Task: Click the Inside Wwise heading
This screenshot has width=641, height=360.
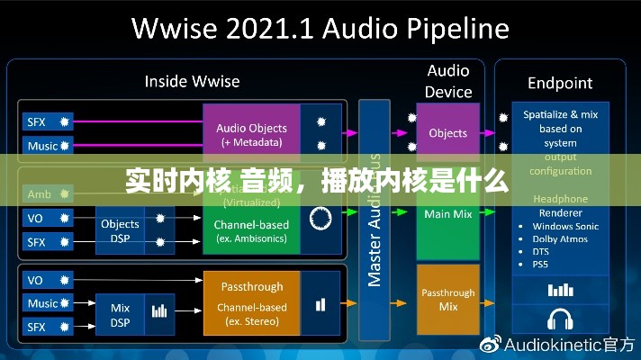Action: [192, 81]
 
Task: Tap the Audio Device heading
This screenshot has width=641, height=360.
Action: [448, 81]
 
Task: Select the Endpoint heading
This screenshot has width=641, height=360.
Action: [560, 83]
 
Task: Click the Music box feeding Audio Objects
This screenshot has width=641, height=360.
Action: [44, 146]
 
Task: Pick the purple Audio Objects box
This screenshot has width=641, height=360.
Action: [251, 134]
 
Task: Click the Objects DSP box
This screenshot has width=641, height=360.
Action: [120, 230]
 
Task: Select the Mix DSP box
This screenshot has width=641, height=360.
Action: [120, 315]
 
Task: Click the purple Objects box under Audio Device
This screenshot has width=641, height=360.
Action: [447, 133]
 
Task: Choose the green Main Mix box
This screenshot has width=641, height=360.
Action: [447, 214]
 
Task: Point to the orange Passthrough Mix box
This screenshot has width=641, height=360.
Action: [447, 300]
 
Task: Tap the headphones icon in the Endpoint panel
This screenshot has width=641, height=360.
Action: [561, 319]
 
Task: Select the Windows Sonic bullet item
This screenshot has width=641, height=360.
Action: [565, 226]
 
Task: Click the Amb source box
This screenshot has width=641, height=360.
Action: [41, 193]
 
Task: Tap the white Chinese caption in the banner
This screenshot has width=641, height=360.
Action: [316, 180]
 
